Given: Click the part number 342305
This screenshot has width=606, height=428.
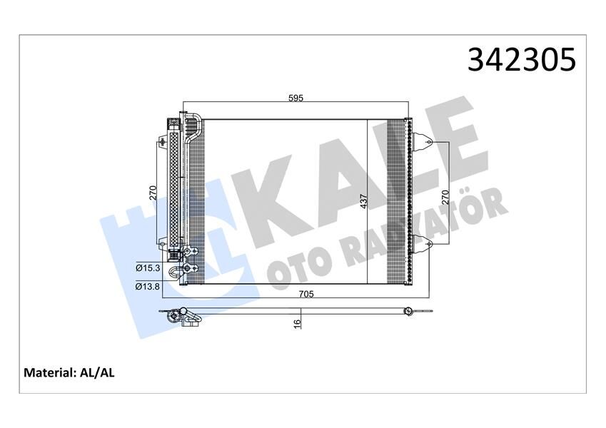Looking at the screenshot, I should pyautogui.click(x=521, y=60).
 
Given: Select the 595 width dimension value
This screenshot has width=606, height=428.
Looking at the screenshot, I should pyautogui.click(x=296, y=98).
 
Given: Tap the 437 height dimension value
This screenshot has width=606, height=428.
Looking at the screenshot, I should pyautogui.click(x=364, y=202).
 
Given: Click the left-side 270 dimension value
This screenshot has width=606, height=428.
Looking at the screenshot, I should pyautogui.click(x=152, y=192).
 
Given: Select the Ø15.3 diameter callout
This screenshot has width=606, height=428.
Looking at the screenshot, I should pyautogui.click(x=147, y=268).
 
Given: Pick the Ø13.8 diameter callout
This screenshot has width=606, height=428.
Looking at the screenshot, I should pyautogui.click(x=147, y=286).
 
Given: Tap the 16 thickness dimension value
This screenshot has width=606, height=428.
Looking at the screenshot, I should pyautogui.click(x=298, y=323).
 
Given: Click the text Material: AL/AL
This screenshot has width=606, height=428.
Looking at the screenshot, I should pyautogui.click(x=69, y=372).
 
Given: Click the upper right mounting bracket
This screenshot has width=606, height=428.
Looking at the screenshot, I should pyautogui.click(x=422, y=143).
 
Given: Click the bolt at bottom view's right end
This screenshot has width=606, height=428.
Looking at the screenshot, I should pyautogui.click(x=408, y=311).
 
